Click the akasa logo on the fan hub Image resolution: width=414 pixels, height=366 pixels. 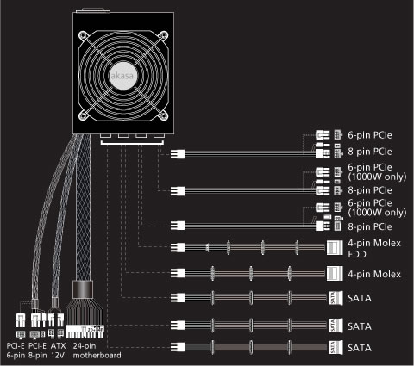click(x=122, y=76)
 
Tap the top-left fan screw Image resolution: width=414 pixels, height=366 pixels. click(x=84, y=35)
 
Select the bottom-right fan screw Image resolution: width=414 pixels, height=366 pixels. click(x=163, y=115)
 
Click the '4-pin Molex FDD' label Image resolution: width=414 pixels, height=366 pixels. click(x=374, y=249)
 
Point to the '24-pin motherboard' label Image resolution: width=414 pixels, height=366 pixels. click(x=97, y=350)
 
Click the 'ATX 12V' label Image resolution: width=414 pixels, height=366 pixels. click(x=58, y=350)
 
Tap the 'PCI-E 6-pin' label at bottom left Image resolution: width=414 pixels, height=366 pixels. click(x=16, y=350)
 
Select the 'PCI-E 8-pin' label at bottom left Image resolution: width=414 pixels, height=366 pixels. click(x=38, y=350)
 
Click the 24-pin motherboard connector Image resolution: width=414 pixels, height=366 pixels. click(x=85, y=332)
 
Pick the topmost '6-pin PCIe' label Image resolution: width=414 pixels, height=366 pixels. click(x=370, y=135)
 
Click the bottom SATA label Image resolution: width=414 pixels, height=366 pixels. click(x=360, y=348)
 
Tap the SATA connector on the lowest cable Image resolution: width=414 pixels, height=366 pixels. click(x=336, y=347)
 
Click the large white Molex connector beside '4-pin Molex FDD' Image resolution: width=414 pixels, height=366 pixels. click(x=335, y=248)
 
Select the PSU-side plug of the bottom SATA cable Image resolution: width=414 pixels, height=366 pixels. click(x=178, y=347)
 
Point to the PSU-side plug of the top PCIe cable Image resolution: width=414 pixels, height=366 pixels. click(x=178, y=154)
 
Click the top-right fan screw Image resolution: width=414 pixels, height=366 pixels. click(x=163, y=35)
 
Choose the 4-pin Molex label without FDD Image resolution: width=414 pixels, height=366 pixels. click(x=374, y=274)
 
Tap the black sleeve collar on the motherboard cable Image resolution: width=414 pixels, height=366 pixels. click(x=83, y=290)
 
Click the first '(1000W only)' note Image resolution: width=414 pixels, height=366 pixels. click(x=377, y=177)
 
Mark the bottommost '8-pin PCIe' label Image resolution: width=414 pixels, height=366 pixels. click(x=370, y=226)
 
